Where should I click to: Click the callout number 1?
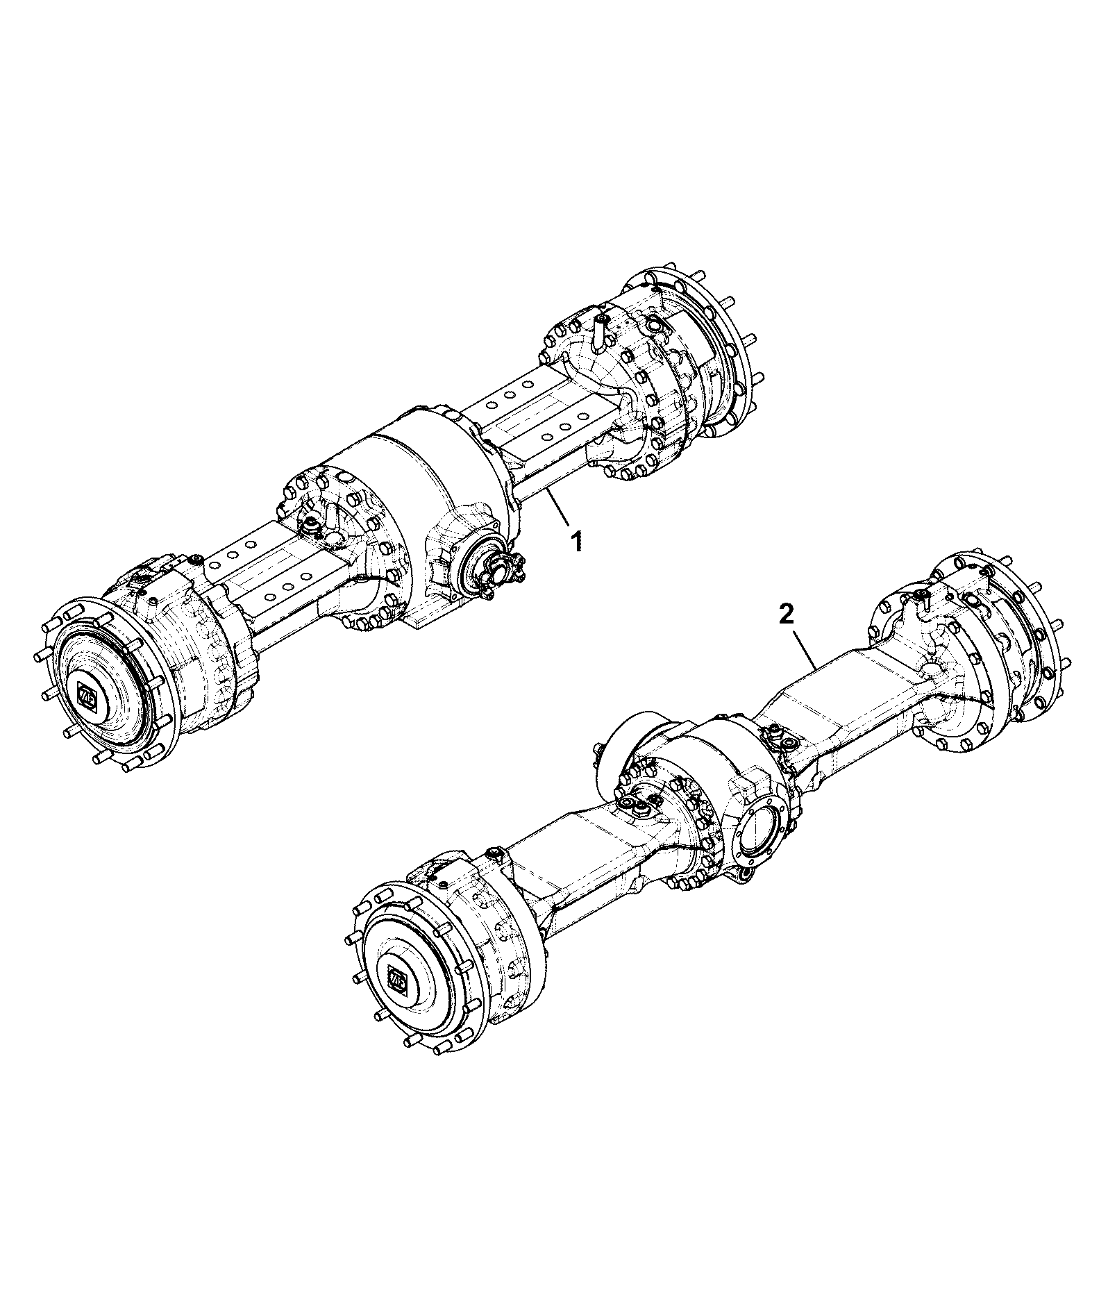[x=576, y=542]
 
